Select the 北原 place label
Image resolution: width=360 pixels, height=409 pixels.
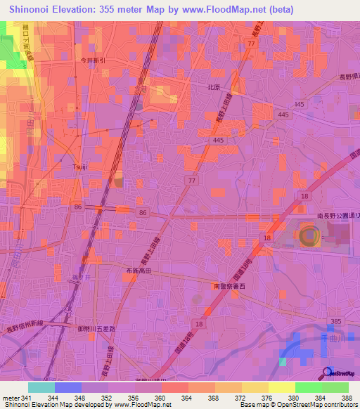(214, 88)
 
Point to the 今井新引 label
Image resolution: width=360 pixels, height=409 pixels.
(93, 60)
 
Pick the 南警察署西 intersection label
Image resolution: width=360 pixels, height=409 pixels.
(230, 287)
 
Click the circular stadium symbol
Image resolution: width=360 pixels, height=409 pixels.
(309, 236)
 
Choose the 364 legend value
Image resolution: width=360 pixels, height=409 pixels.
(188, 398)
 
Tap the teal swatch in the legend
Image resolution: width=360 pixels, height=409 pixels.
(41, 387)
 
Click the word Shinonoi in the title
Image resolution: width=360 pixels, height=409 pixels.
(32, 9)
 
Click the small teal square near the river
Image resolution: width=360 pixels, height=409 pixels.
(283, 362)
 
